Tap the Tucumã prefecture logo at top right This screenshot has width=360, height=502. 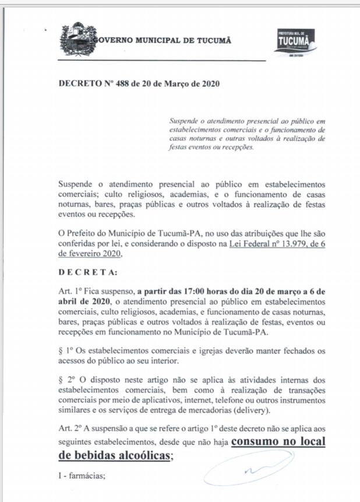[295, 42]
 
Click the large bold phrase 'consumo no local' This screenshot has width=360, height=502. [278, 441]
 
